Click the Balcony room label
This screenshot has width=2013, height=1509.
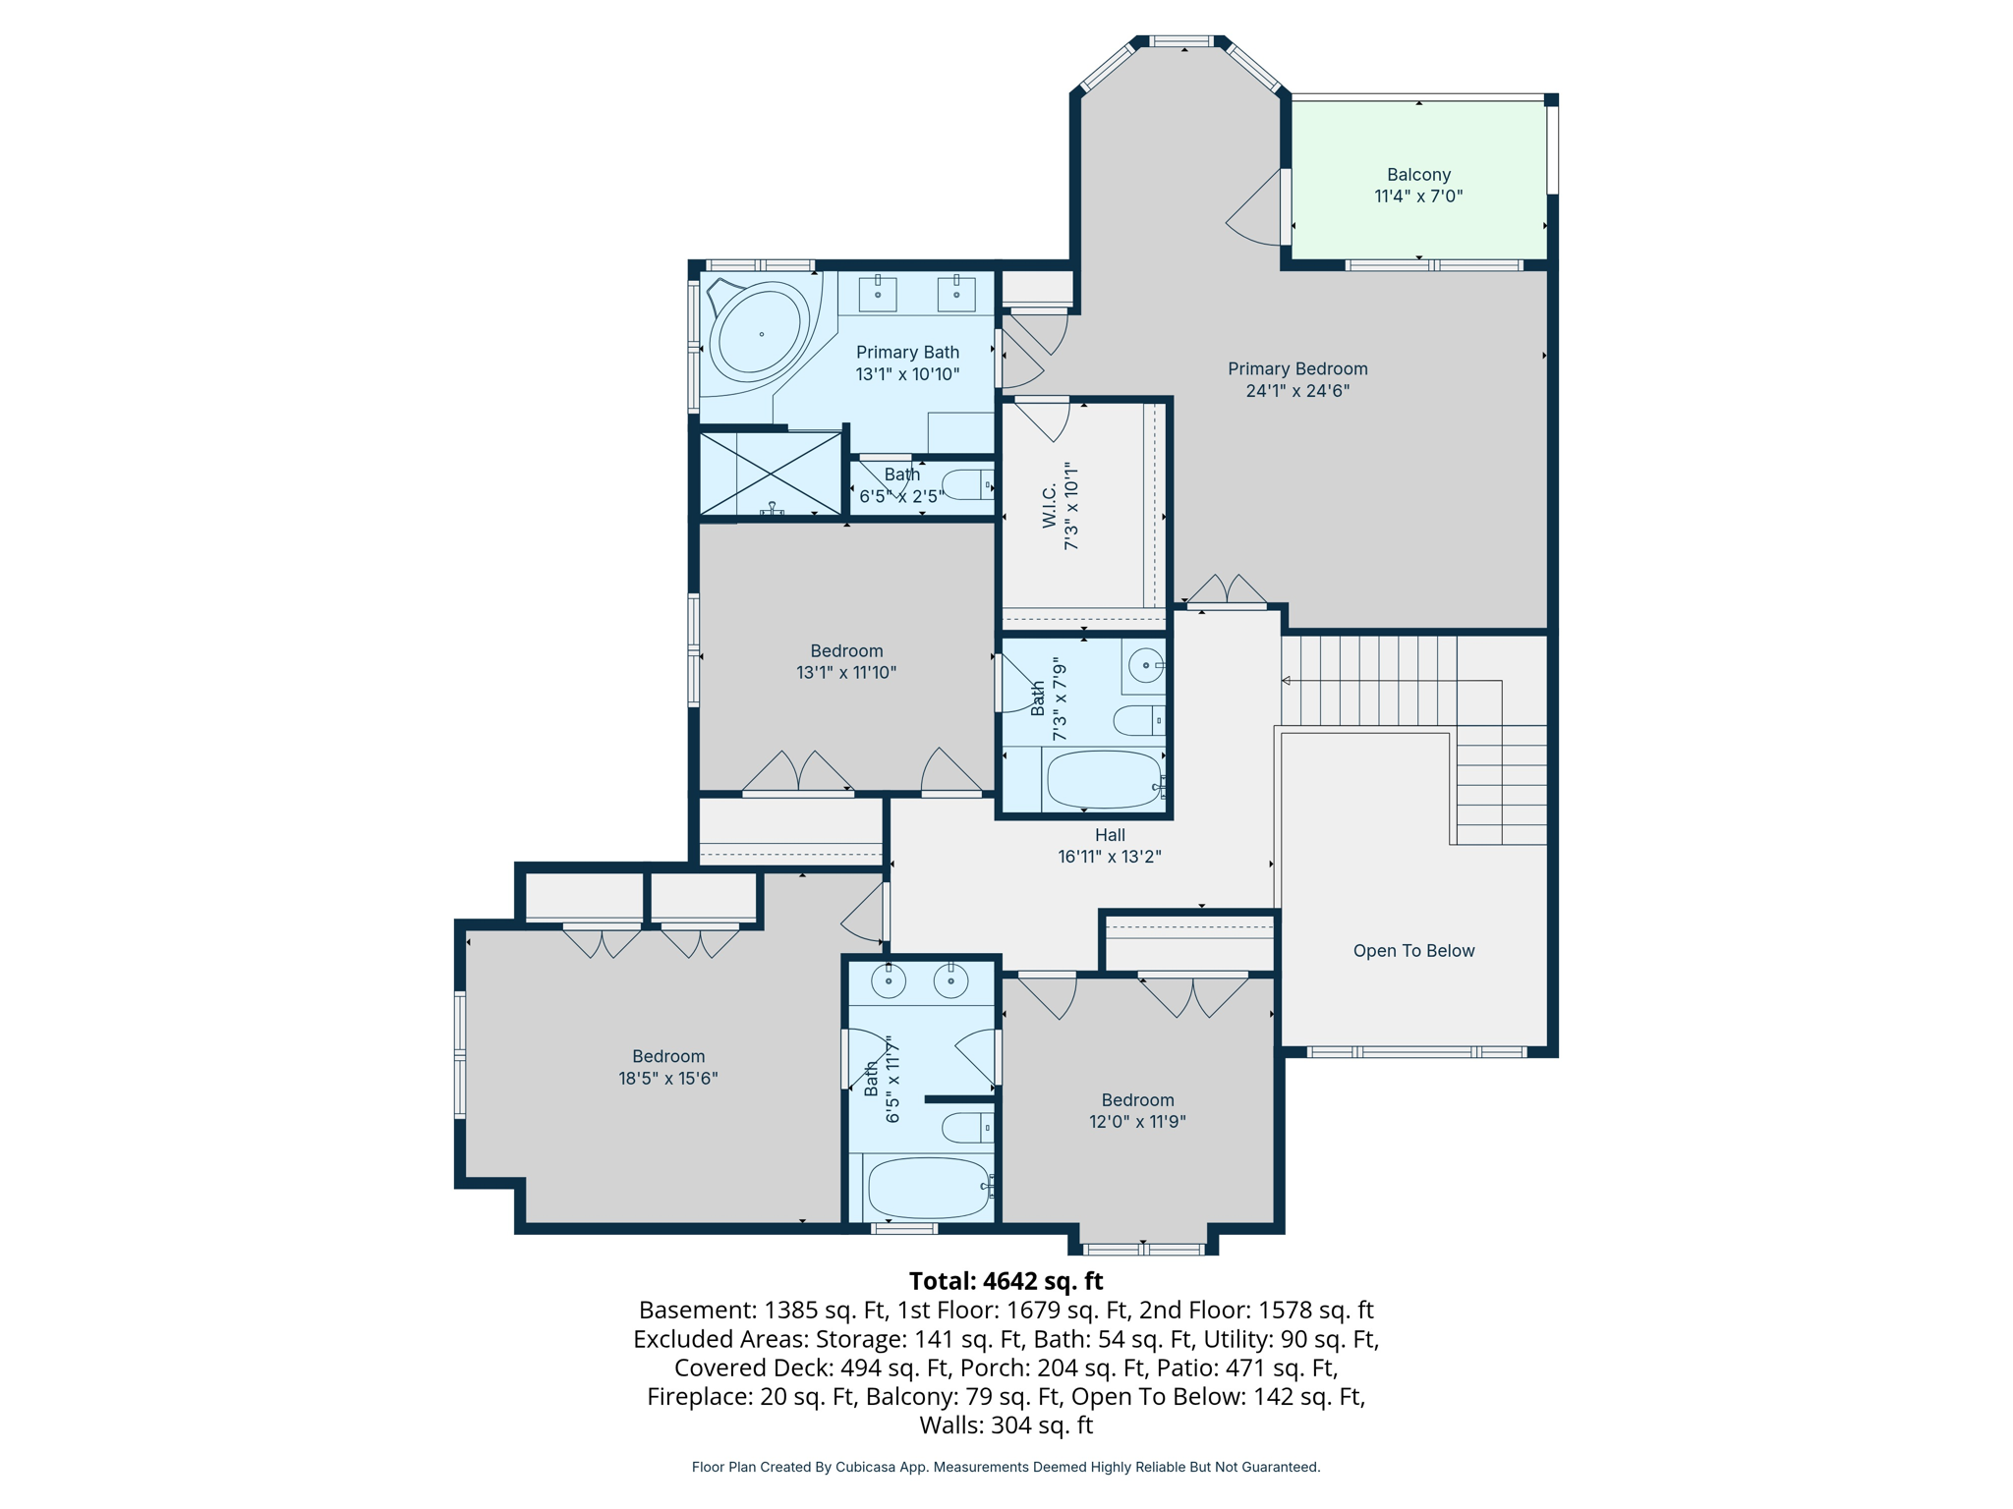click(x=1418, y=175)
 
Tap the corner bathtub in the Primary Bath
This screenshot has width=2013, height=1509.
click(x=759, y=334)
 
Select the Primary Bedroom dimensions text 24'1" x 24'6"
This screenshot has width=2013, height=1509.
click(x=1297, y=391)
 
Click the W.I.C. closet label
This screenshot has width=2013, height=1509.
click(x=1050, y=505)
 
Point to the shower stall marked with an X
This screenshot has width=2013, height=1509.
click(x=771, y=474)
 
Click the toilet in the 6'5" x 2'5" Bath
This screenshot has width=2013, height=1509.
click(x=967, y=484)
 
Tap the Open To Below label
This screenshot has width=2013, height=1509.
click(x=1413, y=951)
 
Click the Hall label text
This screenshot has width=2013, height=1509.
click(x=1110, y=835)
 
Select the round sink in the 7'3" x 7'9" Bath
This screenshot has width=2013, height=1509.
click(x=1145, y=666)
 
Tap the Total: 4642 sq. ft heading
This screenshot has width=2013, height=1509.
click(x=1006, y=1281)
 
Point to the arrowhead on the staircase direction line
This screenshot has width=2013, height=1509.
click(x=1286, y=681)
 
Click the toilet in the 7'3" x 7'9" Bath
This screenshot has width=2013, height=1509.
click(x=1138, y=720)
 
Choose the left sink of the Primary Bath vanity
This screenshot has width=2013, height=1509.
click(x=878, y=293)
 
